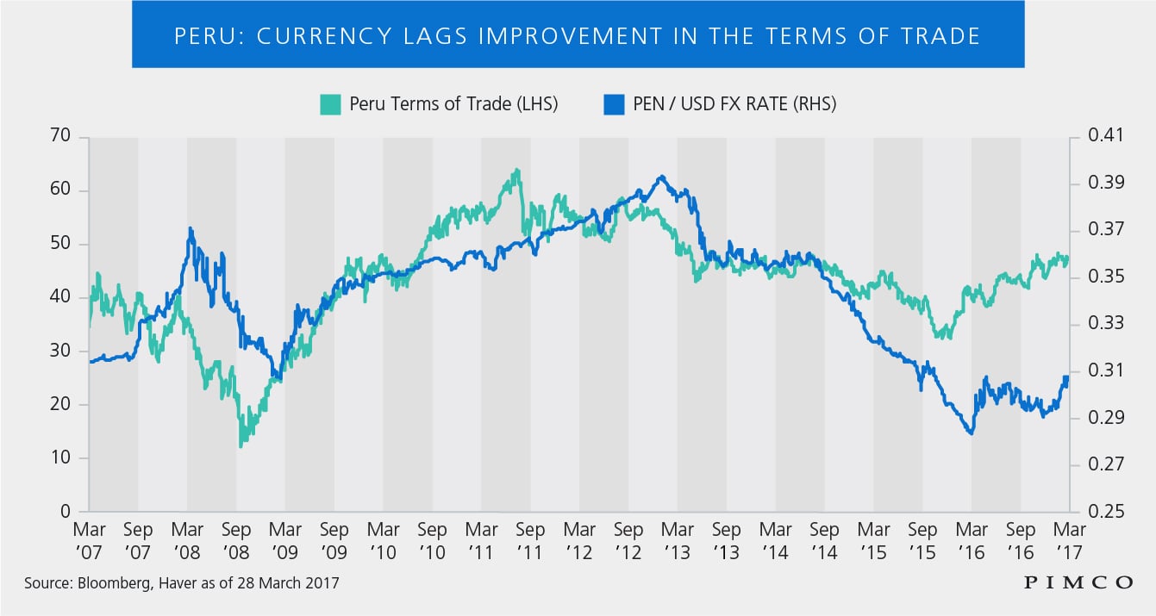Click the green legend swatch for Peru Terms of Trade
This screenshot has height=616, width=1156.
coord(330,104)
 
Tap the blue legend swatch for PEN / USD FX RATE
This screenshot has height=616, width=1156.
coord(614,104)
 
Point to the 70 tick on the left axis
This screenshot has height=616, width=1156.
coord(60,135)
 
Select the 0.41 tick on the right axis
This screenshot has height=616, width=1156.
coord(1105,135)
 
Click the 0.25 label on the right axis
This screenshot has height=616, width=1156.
coord(1105,511)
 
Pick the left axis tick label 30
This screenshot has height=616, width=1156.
coord(60,351)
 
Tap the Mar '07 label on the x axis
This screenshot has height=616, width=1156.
coord(89,541)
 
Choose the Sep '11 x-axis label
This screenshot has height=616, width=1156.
coord(530,541)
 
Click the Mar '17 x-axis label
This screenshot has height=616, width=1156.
coord(1069,541)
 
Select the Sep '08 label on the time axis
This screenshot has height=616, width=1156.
coord(236,541)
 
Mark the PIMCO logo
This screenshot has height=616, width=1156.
coord(1078,583)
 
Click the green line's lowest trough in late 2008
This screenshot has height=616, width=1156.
coord(241,446)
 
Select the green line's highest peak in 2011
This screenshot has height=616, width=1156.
coord(517,170)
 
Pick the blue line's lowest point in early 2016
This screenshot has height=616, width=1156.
coord(972,433)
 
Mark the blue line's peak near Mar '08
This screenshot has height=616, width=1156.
coord(191,228)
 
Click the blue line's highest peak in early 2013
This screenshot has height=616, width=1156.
coord(661,177)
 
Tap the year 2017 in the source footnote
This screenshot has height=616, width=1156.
coord(322,583)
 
